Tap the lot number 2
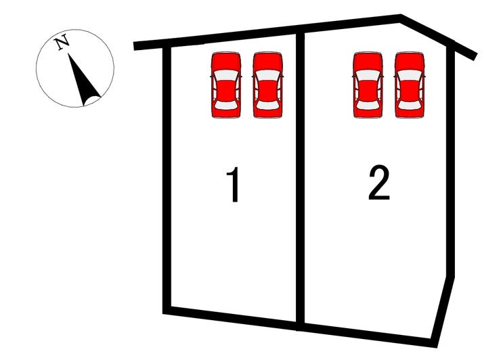[x=379, y=183]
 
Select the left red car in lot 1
[x=226, y=85]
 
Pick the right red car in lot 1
[x=267, y=85]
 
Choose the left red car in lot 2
[x=368, y=85]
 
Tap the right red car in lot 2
[x=410, y=85]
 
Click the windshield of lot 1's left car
[x=226, y=75]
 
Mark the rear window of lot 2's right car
[x=410, y=105]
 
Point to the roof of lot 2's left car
[x=368, y=90]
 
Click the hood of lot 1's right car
[x=267, y=61]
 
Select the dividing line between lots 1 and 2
[x=300, y=181]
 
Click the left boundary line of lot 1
[x=167, y=178]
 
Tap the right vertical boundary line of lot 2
[x=450, y=159]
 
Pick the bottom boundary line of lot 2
[x=368, y=335]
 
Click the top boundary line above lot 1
[x=217, y=38]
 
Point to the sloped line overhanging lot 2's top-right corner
[x=439, y=37]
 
